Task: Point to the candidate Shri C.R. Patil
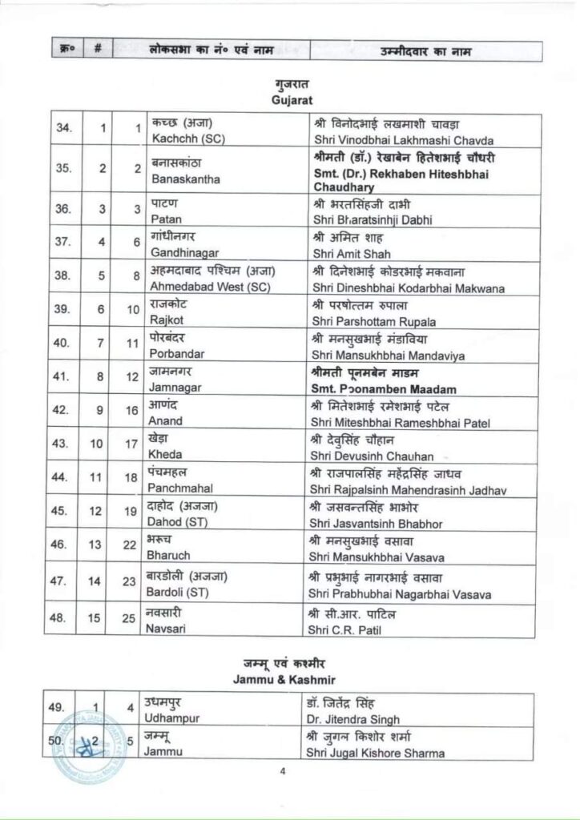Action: coord(340,629)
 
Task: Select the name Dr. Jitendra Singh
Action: coord(352,719)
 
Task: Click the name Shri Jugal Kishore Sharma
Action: coord(375,753)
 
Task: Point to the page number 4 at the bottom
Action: coord(283,772)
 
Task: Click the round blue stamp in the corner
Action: coord(87,742)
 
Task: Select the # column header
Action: coord(97,50)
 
